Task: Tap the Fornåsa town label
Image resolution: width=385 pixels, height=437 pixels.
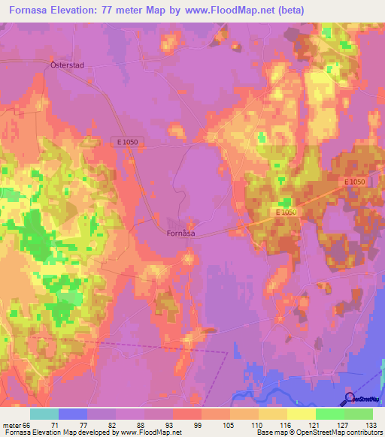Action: [x=180, y=233]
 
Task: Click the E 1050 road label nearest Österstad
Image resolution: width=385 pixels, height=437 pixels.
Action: [x=129, y=141]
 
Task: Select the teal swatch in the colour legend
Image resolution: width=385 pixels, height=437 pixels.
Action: [x=44, y=414]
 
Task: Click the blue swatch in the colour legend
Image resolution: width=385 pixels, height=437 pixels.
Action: [x=73, y=414]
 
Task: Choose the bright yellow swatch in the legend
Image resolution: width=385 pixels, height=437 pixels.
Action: [x=302, y=414]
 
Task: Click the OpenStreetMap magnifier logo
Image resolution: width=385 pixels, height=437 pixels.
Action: [x=350, y=398]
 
